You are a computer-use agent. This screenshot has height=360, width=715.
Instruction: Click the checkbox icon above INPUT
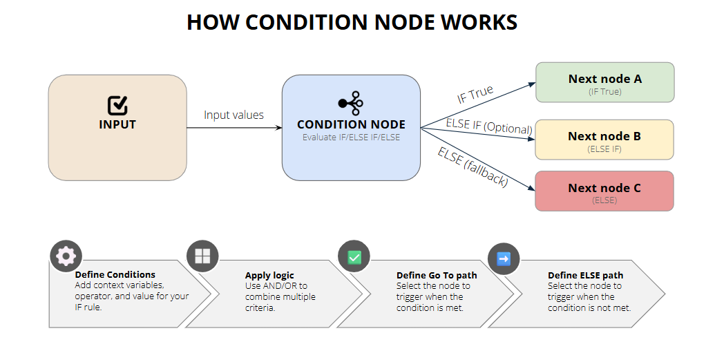[x=117, y=105]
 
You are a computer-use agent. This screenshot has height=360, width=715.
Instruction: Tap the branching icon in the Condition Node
[x=350, y=103]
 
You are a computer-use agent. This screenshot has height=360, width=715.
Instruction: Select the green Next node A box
[x=604, y=82]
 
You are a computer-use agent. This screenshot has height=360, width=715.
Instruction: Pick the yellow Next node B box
[x=604, y=140]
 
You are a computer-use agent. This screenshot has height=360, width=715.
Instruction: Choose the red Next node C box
[x=604, y=191]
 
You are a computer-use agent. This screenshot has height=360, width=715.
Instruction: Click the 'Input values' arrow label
[x=233, y=115]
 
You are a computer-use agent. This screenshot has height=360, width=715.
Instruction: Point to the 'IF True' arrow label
[x=475, y=95]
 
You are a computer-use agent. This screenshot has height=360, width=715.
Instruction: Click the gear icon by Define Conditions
[x=66, y=256]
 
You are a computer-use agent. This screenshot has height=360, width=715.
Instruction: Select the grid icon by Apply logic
[x=202, y=256]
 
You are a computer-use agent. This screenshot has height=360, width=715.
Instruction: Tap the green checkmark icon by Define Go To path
[x=354, y=257]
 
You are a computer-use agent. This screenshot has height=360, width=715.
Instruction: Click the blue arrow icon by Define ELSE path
[x=504, y=258]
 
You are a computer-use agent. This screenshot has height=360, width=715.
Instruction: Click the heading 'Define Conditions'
[x=115, y=274]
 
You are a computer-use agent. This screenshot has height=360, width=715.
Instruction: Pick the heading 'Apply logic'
[x=269, y=275]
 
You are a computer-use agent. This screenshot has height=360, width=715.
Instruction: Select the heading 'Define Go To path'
[x=437, y=275]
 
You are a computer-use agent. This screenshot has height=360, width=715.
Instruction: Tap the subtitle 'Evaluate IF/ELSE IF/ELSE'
[x=351, y=138]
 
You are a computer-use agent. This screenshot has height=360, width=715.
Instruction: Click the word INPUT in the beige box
[x=117, y=125]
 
